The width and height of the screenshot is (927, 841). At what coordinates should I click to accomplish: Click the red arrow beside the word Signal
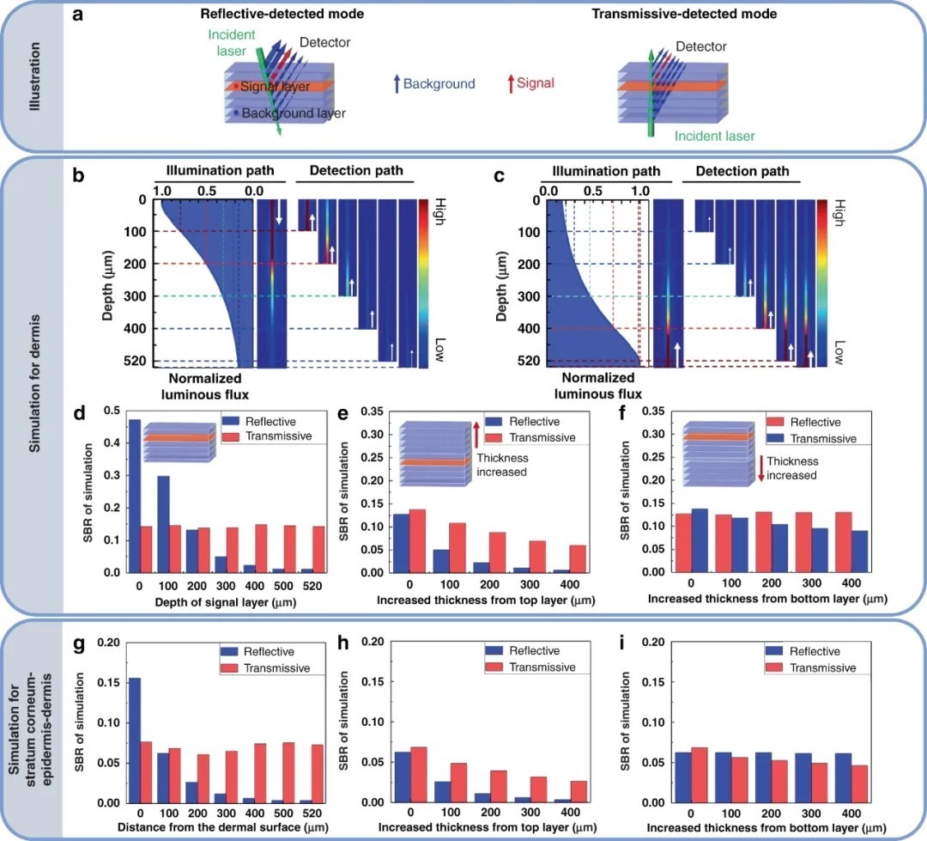(510, 83)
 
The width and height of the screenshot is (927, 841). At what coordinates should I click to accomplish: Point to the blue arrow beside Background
(396, 83)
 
